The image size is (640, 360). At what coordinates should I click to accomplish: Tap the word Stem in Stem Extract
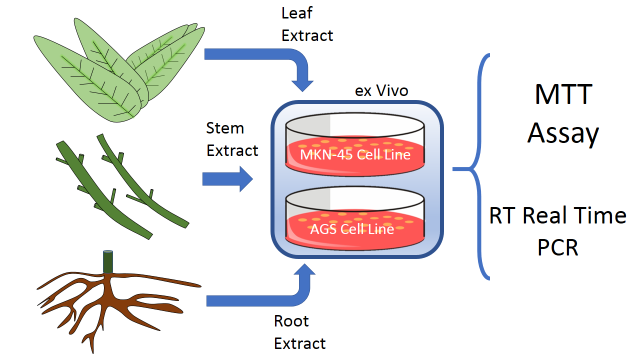[x=225, y=128]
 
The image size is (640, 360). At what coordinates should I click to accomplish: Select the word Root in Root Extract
[x=291, y=321]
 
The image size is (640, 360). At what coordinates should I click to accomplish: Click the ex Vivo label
[x=381, y=91]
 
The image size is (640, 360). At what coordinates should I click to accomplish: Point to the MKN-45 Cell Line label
[x=355, y=154]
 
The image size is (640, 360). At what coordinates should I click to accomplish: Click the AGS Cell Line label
[x=352, y=229]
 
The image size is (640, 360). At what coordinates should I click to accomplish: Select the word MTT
[x=563, y=94]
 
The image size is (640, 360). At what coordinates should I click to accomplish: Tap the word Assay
[x=563, y=133]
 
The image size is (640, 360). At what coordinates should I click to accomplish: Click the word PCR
[x=557, y=247]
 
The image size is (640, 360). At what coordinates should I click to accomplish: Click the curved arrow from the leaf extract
[x=280, y=60]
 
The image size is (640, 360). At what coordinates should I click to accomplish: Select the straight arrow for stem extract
[x=228, y=178]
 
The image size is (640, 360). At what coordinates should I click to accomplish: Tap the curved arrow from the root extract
[x=280, y=295]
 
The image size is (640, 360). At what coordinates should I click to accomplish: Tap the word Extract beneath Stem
[x=232, y=150]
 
